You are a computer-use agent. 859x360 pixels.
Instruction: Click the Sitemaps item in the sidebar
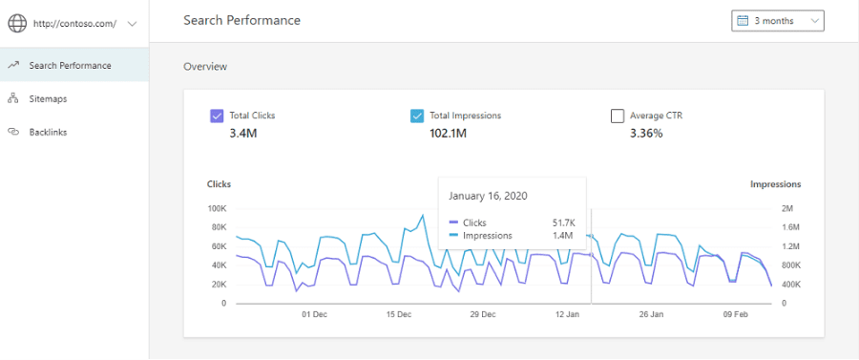(48, 98)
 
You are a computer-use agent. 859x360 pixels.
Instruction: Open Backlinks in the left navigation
(48, 132)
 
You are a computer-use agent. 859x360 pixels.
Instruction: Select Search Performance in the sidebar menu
(70, 65)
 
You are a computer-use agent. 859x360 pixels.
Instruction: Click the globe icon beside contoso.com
(17, 24)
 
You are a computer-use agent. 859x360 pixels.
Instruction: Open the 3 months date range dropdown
(777, 21)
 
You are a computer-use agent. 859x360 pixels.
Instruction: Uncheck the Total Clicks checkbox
(217, 116)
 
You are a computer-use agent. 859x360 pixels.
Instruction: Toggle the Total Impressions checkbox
(417, 116)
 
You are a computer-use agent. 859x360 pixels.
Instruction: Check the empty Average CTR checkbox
(618, 116)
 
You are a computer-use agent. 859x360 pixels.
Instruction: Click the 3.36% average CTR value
(646, 133)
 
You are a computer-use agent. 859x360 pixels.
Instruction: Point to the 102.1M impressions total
(449, 133)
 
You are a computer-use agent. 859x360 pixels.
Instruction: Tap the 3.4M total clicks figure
(243, 133)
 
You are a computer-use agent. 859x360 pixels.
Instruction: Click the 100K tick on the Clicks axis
(217, 209)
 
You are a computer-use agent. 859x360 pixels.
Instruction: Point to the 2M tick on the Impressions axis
(786, 209)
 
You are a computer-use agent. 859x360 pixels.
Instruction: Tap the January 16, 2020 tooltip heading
(488, 196)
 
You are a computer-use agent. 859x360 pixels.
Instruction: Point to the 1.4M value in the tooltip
(562, 236)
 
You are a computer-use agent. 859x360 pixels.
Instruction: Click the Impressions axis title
(775, 184)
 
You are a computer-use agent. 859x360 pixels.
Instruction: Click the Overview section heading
(205, 67)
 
